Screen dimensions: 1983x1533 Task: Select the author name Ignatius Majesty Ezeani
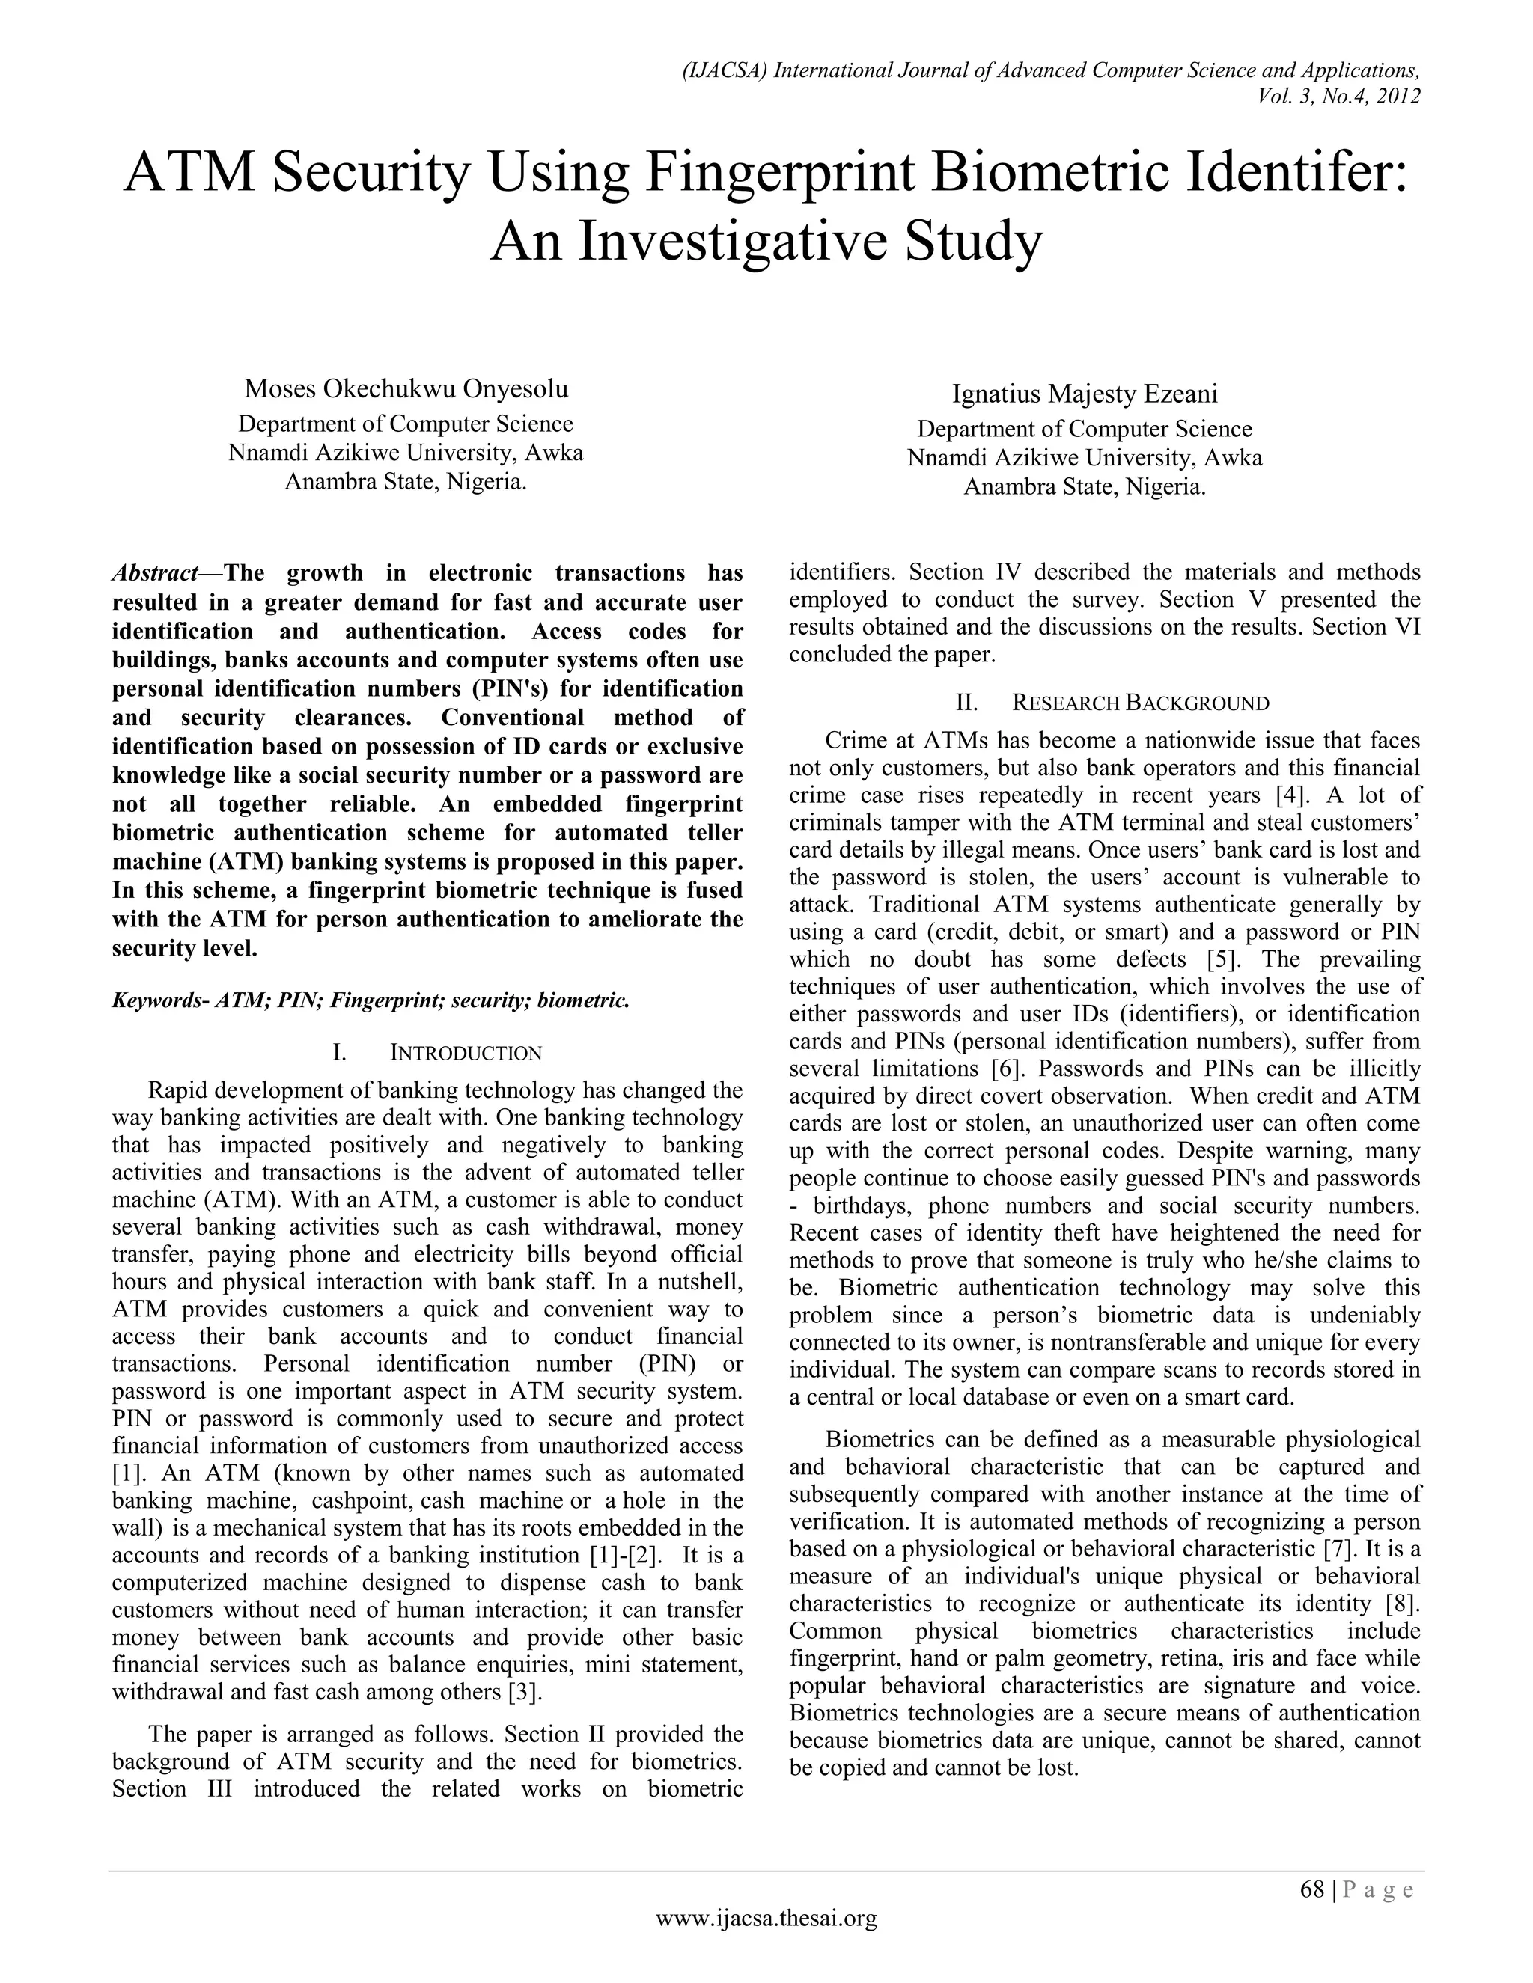click(x=1085, y=394)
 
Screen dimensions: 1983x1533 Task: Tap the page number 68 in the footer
click(x=1312, y=1889)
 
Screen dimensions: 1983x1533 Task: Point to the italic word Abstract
click(x=155, y=573)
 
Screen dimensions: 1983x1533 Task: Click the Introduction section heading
click(x=465, y=1054)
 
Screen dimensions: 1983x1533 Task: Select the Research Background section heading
click(x=1141, y=703)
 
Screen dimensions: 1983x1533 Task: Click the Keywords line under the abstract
click(x=371, y=1000)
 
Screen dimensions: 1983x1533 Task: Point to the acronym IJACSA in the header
click(x=725, y=71)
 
